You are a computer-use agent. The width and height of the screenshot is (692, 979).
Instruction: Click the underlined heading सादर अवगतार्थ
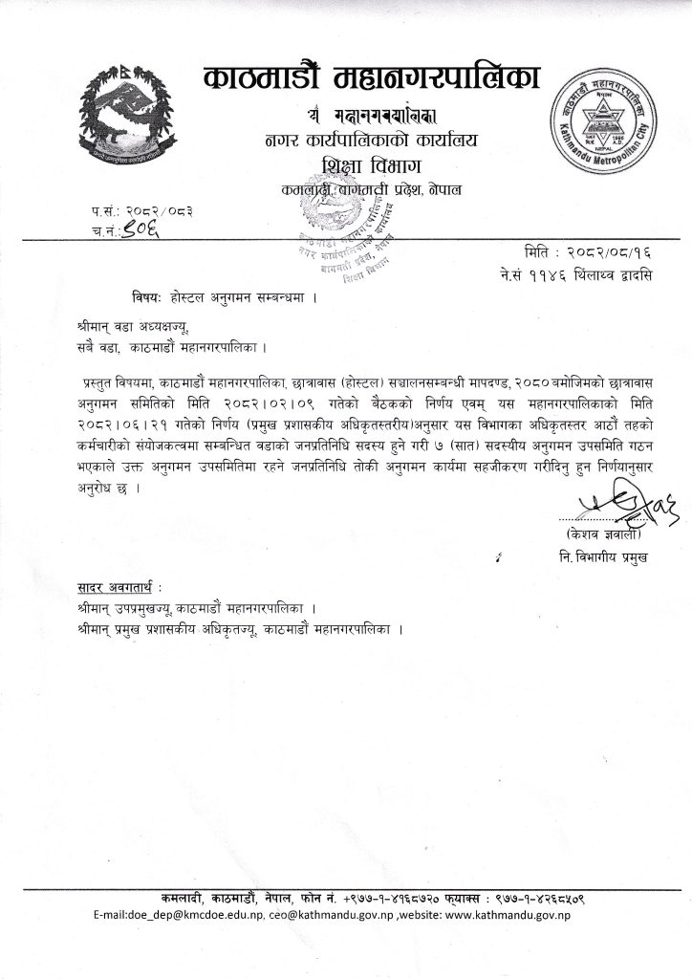(115, 585)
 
